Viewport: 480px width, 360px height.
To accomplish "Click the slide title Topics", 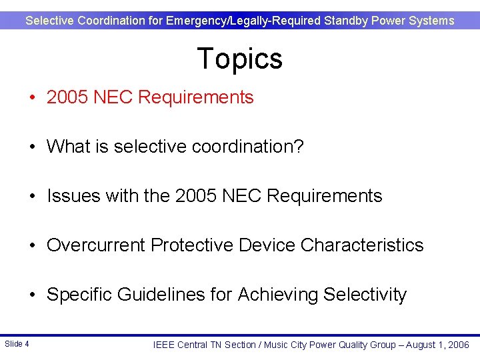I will [x=239, y=59].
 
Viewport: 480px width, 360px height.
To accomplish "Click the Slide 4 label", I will [x=17, y=344].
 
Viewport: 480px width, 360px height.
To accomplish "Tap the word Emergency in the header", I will [x=196, y=21].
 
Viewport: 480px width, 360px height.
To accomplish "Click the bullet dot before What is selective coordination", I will [x=33, y=147].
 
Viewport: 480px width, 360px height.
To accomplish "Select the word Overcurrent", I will [x=96, y=245].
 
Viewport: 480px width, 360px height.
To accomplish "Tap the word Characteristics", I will [x=362, y=245].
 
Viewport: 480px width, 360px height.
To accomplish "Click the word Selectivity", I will [x=365, y=295].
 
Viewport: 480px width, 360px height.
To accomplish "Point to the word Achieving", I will [x=278, y=295].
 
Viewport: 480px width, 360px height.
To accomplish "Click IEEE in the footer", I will [x=165, y=345].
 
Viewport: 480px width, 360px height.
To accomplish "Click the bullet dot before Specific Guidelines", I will [x=33, y=295].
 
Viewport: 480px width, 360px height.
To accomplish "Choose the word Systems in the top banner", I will [x=432, y=21].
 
